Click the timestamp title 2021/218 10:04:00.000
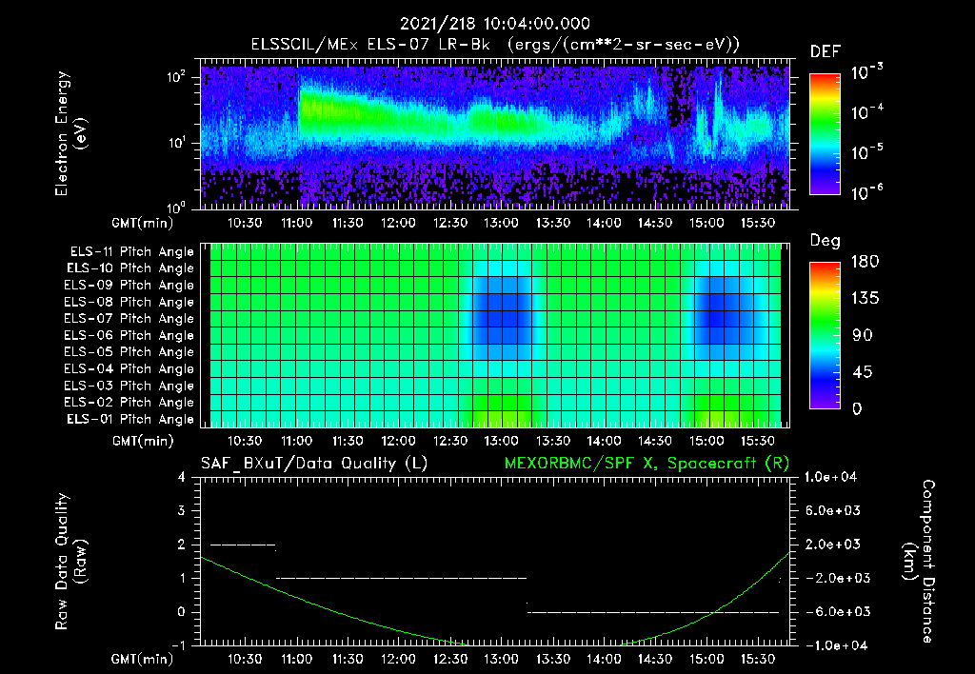point(494,24)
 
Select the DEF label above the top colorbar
point(826,51)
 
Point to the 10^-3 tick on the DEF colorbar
point(866,72)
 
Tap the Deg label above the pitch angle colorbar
point(825,241)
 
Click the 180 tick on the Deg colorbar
point(865,261)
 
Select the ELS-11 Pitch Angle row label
point(131,252)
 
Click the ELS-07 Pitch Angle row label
point(129,319)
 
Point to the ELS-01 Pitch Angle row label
point(129,420)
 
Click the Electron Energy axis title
point(70,133)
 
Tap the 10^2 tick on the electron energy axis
point(176,78)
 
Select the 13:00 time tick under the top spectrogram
point(501,223)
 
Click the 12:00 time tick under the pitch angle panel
point(398,441)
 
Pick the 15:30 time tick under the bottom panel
point(757,659)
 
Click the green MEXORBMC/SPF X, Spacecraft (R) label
point(647,464)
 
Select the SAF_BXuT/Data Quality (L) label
point(314,464)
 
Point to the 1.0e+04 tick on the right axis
point(830,477)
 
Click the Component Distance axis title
point(919,562)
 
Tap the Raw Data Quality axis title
point(70,562)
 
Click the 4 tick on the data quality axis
point(181,477)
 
